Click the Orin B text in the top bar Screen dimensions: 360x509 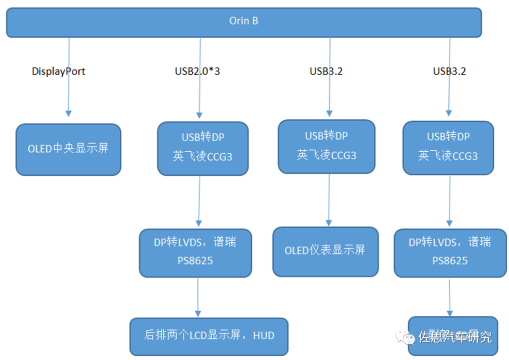[x=243, y=21]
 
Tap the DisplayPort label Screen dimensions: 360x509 [x=58, y=72]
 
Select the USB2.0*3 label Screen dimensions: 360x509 [x=197, y=72]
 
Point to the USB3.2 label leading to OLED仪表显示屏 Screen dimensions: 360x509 [x=326, y=72]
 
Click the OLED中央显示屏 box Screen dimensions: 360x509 [x=68, y=149]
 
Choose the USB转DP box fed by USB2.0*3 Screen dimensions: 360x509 [x=203, y=148]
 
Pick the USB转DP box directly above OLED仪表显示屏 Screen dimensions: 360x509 [x=326, y=146]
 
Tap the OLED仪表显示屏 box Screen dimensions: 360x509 [x=325, y=251]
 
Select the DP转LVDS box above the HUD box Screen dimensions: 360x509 [x=195, y=253]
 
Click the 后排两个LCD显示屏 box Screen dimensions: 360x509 [x=209, y=336]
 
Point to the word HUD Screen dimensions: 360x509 [x=263, y=336]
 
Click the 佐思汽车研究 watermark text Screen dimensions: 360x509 [x=455, y=337]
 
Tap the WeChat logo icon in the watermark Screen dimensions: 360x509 [x=405, y=336]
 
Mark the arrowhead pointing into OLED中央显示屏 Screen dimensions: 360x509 [x=69, y=114]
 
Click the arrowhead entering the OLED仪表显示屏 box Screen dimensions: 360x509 [x=329, y=222]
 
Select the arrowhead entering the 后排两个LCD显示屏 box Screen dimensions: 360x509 [x=198, y=313]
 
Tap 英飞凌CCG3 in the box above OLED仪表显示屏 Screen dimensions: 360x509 [x=326, y=155]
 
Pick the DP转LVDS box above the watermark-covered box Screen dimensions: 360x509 [x=450, y=253]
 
